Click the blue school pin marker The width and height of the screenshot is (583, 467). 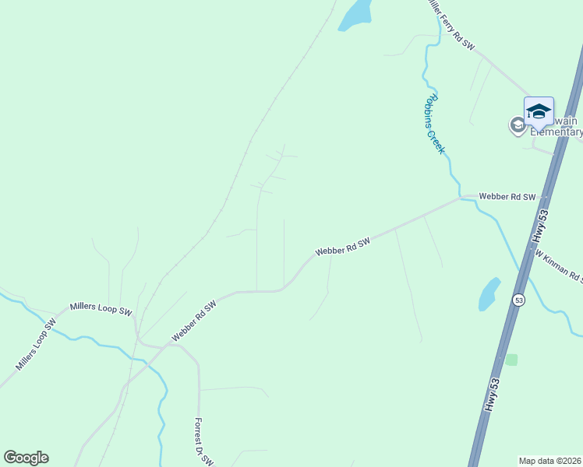click(539, 111)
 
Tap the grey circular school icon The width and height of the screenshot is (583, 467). click(517, 125)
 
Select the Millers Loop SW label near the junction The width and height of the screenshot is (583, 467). click(101, 309)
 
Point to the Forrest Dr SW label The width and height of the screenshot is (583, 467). click(203, 442)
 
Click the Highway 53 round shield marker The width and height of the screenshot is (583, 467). click(519, 299)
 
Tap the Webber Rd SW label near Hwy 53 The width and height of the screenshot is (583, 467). click(508, 197)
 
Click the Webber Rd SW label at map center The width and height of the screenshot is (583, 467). click(341, 248)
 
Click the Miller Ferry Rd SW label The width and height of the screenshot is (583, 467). click(450, 25)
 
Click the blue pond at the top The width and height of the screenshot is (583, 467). click(355, 16)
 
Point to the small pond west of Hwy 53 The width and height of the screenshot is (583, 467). click(489, 293)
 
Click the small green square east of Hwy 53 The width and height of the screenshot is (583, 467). click(511, 360)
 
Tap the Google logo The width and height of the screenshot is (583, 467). click(26, 458)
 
